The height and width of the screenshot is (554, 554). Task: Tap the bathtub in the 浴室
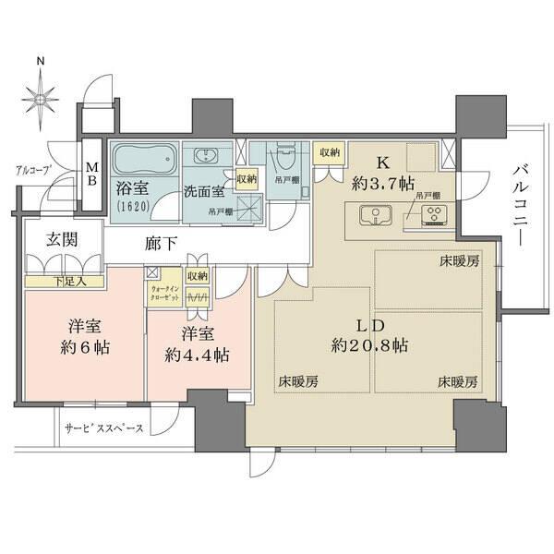point(143,163)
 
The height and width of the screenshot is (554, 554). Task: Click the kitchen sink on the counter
point(374,218)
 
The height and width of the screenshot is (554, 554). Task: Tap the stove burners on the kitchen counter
point(431,218)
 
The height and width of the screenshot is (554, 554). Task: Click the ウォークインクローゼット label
point(164,295)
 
